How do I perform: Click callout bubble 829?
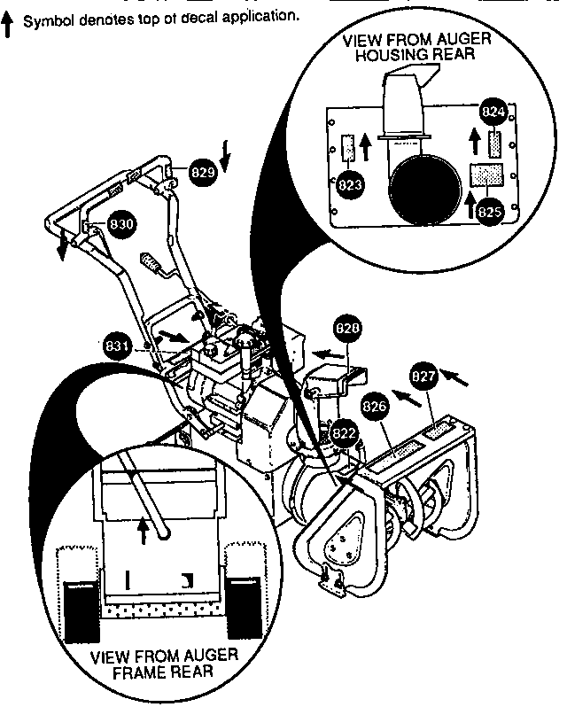[203, 172]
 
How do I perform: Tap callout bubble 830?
[121, 224]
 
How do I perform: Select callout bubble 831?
[117, 346]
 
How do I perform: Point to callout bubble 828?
[347, 329]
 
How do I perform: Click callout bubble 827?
[423, 376]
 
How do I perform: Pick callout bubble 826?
[375, 407]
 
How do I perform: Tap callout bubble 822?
[344, 434]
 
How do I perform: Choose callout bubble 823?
[350, 185]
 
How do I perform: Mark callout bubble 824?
[493, 112]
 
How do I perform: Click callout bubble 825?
[490, 212]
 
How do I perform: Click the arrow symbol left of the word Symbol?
[7, 24]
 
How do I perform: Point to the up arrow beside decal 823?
[366, 146]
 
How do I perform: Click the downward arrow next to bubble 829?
[226, 159]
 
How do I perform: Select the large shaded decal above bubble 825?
[486, 175]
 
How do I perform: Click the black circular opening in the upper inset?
[425, 190]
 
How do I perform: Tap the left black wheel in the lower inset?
[82, 611]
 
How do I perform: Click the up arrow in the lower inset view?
[144, 532]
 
